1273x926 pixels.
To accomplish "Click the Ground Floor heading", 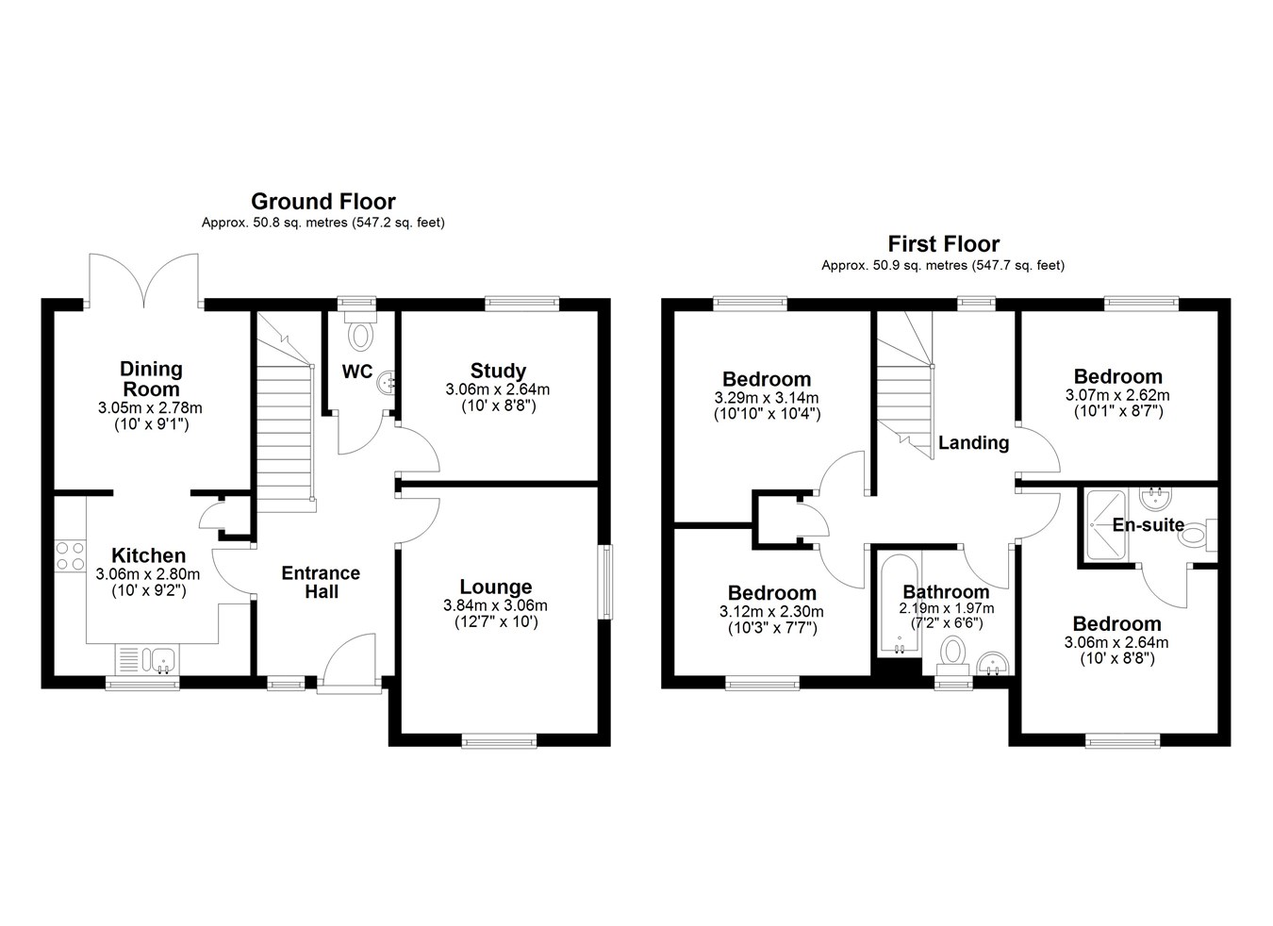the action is click(322, 202).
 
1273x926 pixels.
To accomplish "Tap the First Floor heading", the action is click(943, 244).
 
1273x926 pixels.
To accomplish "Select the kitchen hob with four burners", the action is click(71, 556).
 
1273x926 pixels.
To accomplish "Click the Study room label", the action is click(498, 371).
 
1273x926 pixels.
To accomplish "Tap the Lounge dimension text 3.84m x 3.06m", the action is click(496, 605).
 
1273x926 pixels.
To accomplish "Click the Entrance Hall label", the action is click(322, 582).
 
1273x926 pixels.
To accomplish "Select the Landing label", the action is click(973, 443).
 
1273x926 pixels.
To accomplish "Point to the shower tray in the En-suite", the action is click(1105, 526).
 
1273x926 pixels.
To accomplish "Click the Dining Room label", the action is click(151, 379).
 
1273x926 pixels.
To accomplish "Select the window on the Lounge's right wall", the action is click(607, 582).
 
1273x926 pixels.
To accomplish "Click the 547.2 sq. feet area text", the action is click(398, 223).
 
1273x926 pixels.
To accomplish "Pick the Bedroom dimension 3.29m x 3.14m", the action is click(767, 398).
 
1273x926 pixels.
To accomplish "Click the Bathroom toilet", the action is click(953, 653).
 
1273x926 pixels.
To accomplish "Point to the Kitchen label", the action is click(148, 555).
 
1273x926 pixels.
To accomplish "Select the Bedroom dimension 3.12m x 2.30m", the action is click(771, 612).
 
